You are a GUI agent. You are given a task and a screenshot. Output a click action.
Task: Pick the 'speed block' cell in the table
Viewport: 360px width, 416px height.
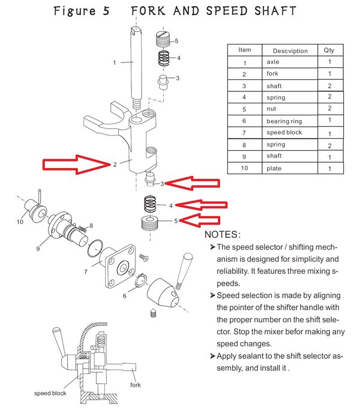click(x=284, y=133)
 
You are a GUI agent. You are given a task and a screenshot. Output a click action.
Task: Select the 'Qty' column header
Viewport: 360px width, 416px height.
click(x=329, y=50)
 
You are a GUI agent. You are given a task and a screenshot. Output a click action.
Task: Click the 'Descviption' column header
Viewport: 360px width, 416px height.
click(x=290, y=51)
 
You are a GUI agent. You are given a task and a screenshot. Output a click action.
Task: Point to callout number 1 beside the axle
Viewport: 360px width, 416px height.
click(x=114, y=62)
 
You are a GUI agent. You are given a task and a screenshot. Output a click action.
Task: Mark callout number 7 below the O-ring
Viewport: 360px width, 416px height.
click(x=85, y=272)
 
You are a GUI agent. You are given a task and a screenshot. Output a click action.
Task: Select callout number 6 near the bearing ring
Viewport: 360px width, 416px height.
click(x=125, y=295)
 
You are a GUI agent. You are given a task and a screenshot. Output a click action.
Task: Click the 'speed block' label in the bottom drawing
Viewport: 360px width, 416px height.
click(x=50, y=393)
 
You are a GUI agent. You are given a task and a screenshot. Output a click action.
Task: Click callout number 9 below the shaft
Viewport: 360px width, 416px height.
click(x=38, y=248)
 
